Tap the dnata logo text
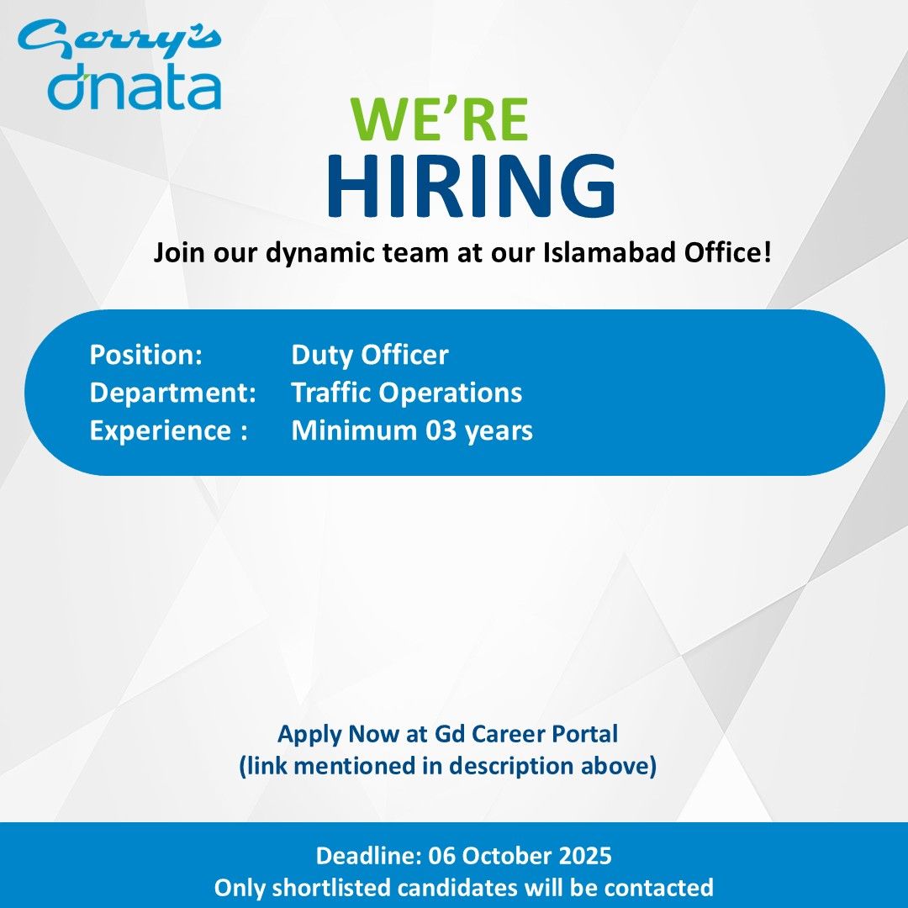tap(135, 91)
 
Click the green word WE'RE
tap(440, 119)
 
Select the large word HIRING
tap(471, 185)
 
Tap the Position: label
tap(146, 355)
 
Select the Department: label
tap(173, 393)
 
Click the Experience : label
tap(169, 431)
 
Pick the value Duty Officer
tap(369, 355)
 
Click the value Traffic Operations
tap(407, 393)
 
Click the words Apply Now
tap(338, 734)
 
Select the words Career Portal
tap(545, 734)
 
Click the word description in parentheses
tap(511, 767)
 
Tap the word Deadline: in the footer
tap(368, 856)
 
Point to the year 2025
tap(585, 856)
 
